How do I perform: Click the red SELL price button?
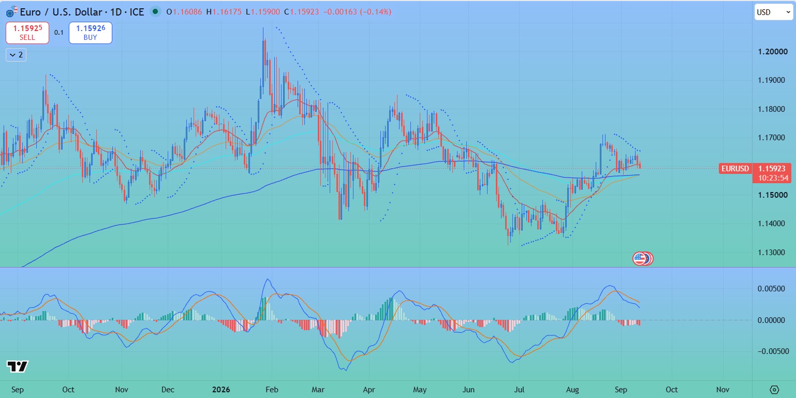(x=27, y=33)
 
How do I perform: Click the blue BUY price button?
(x=90, y=33)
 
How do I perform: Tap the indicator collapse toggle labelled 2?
(x=16, y=55)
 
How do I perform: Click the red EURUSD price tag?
(x=735, y=168)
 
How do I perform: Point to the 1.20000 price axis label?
(x=773, y=52)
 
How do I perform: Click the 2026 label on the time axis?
(x=220, y=390)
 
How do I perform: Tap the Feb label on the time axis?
(x=272, y=390)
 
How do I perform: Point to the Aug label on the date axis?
(x=572, y=390)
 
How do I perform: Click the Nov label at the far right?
(x=723, y=390)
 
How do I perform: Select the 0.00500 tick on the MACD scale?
(x=771, y=289)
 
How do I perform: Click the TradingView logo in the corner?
(x=18, y=366)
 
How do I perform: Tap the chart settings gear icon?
(x=774, y=390)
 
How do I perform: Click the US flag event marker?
(x=640, y=259)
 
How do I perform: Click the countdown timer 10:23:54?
(x=773, y=178)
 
